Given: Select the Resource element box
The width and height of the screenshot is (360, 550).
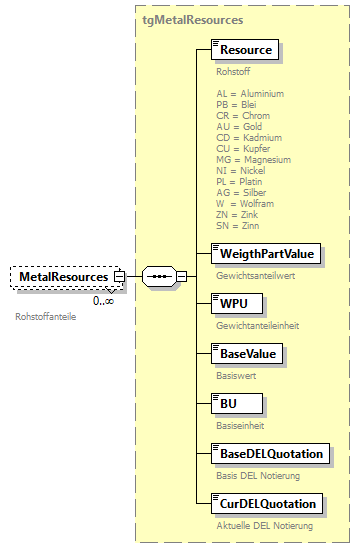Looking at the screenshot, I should [x=246, y=49].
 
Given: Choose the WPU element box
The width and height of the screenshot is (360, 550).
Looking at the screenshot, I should [x=236, y=303].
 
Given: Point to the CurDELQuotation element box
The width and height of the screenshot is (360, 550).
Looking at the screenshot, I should [x=268, y=503].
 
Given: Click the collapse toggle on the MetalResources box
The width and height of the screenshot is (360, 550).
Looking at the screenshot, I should [x=119, y=276].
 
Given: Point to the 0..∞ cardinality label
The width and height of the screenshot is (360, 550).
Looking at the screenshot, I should [x=103, y=300].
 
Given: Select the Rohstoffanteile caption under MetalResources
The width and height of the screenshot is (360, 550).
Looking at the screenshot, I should [x=46, y=317].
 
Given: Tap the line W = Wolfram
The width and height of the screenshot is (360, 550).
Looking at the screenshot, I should [x=247, y=203].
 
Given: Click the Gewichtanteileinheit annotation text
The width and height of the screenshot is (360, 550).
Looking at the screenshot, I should [x=257, y=326].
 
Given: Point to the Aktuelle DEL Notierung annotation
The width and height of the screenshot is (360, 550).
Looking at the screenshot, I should [x=264, y=526].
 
